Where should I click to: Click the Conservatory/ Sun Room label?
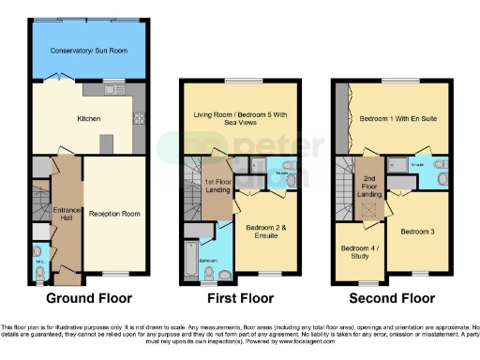click(x=89, y=51)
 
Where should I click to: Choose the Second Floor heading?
click(x=393, y=299)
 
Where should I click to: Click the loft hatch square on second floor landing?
click(x=368, y=210)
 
